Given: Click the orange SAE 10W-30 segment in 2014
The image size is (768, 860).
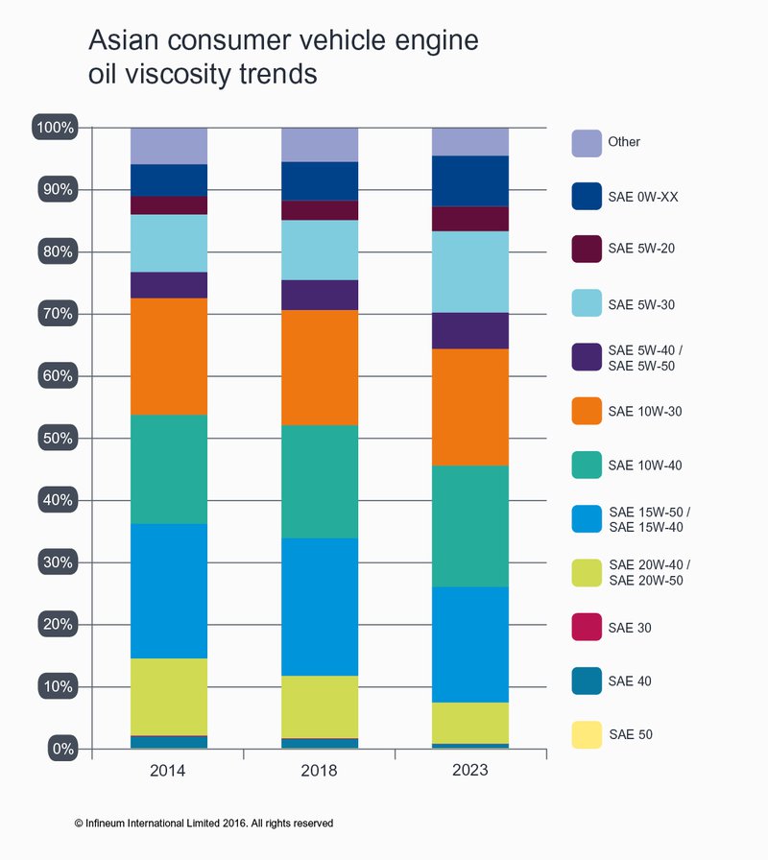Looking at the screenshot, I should coord(169,356).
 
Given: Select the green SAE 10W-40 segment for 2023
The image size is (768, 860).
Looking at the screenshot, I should coord(470,526).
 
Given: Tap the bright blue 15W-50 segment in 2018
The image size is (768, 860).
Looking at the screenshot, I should coord(320,607).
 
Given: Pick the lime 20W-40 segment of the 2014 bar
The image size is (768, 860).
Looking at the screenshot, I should coord(169,697).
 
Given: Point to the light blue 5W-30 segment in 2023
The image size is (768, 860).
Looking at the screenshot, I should coord(470,272).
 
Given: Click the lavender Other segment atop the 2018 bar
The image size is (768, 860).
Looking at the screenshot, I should coord(320,144).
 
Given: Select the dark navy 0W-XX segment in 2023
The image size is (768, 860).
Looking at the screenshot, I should coord(470,180).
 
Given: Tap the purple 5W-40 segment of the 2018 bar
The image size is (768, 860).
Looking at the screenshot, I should coord(320,295).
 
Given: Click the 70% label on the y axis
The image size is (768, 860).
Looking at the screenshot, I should coord(56,314).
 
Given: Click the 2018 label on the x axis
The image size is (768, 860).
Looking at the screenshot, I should coord(320,771).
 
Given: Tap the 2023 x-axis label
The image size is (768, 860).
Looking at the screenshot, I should coord(470,771).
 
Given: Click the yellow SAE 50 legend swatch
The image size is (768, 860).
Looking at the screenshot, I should coord(587,735).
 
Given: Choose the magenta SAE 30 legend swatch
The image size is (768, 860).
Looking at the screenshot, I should coord(587,628).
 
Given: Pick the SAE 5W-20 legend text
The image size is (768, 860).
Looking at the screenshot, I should coord(641,249).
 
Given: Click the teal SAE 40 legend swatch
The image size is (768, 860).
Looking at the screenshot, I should coord(587,681).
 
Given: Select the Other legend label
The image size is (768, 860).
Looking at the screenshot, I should coord(624,142).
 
